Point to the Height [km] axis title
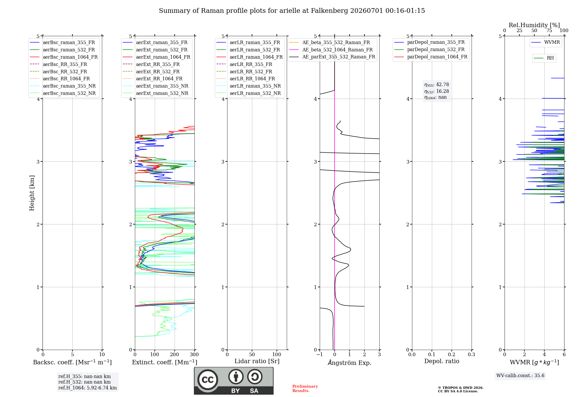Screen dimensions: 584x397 pyautogui.click(x=32, y=193)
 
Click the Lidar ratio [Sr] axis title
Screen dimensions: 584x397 pyautogui.click(x=257, y=361)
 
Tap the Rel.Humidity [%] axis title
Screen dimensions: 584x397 pyautogui.click(x=534, y=25)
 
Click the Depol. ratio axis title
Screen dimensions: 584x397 pyautogui.click(x=442, y=361)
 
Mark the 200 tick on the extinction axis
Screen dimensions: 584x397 pyautogui.click(x=175, y=354)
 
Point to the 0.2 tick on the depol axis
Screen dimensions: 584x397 pyautogui.click(x=452, y=354)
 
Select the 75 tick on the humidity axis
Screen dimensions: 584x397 pyautogui.click(x=549, y=31)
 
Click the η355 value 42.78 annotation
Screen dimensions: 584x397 pyautogui.click(x=437, y=85)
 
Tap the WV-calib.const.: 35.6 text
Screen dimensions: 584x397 pyautogui.click(x=520, y=375)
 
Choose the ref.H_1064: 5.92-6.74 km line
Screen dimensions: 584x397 pyautogui.click(x=88, y=388)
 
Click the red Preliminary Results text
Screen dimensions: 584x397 pyautogui.click(x=305, y=389)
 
